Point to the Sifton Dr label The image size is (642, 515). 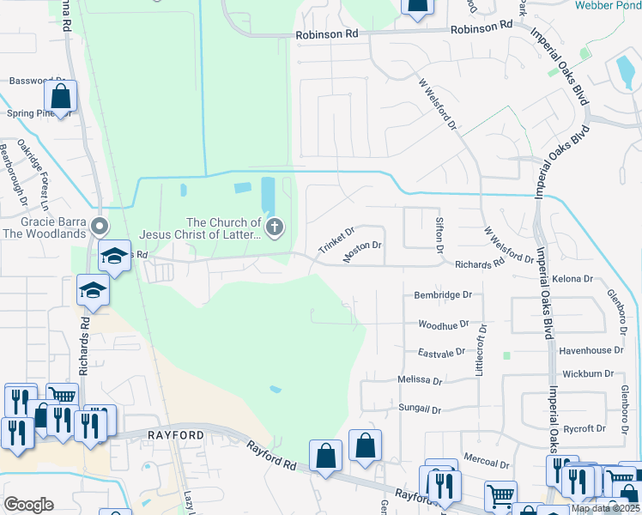coord(439,234)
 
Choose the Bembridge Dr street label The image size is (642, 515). coord(443,294)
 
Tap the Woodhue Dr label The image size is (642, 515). coord(443,324)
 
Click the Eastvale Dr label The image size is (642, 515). coord(441,352)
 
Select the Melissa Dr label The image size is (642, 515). coord(420,380)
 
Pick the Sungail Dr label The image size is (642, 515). coord(419,409)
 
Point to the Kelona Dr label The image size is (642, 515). coord(573,279)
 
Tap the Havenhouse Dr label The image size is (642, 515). coord(591,350)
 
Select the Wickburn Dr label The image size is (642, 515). coord(588,373)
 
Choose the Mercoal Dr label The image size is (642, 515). coord(486,462)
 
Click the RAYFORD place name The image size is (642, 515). coord(176,435)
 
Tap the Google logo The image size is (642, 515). coord(28,505)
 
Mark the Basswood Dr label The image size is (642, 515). coord(31,81)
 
